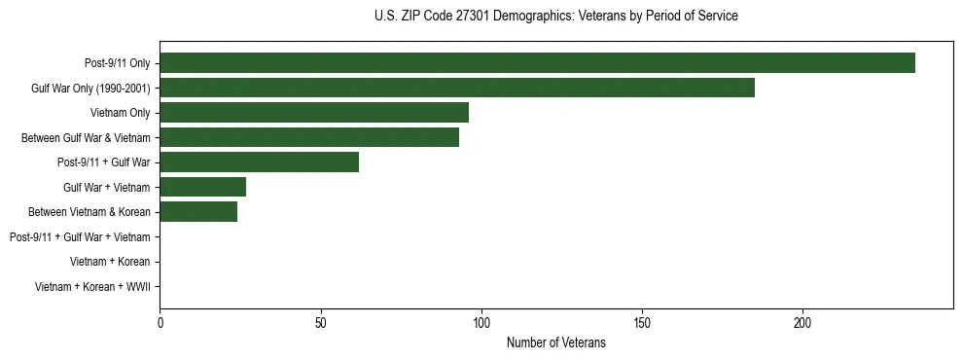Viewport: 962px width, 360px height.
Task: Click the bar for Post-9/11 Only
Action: click(x=537, y=63)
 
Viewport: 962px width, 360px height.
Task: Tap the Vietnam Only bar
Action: click(x=314, y=113)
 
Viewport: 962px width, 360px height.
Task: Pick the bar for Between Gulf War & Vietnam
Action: click(x=309, y=138)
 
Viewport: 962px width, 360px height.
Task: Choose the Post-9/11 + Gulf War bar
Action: click(x=259, y=162)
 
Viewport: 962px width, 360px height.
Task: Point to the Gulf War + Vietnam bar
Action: click(x=202, y=187)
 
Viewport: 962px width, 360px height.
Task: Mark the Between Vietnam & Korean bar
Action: click(x=198, y=212)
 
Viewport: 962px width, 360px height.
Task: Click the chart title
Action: click(x=555, y=17)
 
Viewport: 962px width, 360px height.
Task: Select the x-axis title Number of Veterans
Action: click(x=555, y=342)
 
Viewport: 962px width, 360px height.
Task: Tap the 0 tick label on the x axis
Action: click(x=160, y=322)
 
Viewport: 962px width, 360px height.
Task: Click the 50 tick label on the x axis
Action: click(x=321, y=322)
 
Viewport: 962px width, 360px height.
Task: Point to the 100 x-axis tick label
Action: click(x=481, y=322)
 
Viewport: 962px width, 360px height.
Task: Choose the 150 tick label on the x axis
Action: click(x=642, y=322)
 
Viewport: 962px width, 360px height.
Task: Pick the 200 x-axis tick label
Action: click(x=802, y=322)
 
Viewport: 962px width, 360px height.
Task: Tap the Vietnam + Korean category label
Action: click(x=110, y=262)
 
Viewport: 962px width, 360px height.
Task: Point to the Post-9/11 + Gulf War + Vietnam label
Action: click(x=80, y=237)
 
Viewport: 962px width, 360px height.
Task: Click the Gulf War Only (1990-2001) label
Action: click(x=90, y=89)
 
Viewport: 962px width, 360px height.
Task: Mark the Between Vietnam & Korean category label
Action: click(x=89, y=212)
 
